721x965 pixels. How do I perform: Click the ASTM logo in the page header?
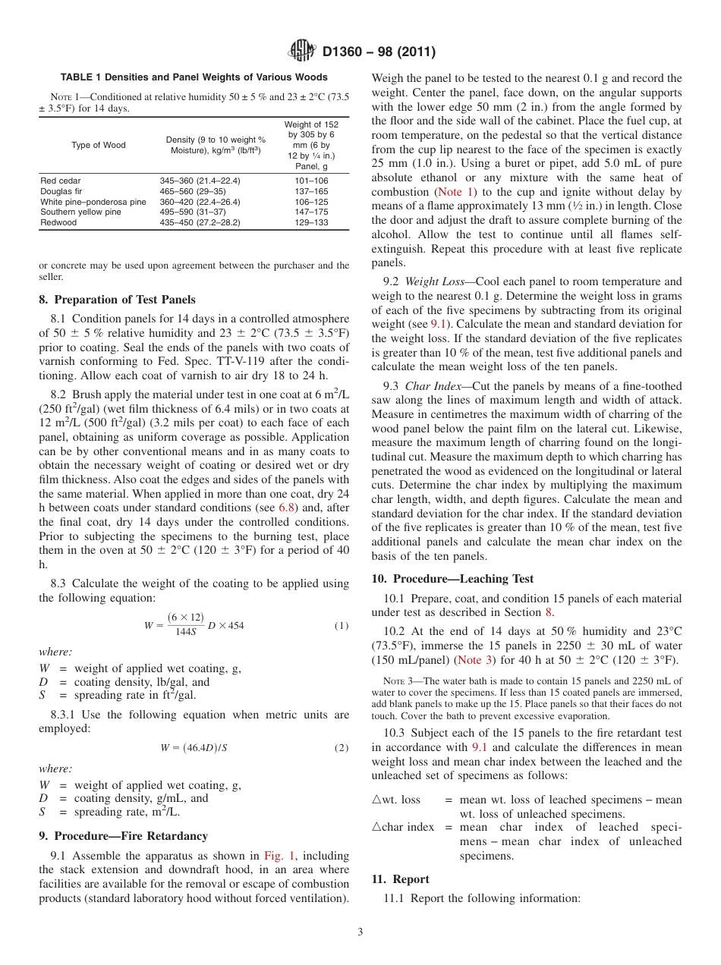coord(301,52)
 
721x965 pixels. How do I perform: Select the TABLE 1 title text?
coord(194,77)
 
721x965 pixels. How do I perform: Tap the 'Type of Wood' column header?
coord(99,145)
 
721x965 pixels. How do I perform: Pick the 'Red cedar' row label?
coord(60,181)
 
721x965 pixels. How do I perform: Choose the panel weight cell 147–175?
coord(311,212)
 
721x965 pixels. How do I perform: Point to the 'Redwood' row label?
coord(58,223)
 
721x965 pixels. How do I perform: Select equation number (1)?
coord(342,626)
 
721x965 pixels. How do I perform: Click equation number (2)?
coord(342,747)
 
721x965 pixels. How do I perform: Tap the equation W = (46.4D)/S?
coord(194,747)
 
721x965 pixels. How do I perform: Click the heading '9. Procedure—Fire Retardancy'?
coord(123,836)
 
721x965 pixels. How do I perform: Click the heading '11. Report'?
coord(400,879)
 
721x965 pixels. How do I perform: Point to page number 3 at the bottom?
coord(360,932)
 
